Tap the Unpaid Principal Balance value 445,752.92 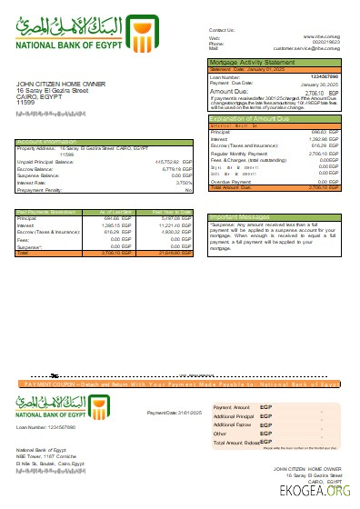pyautogui.click(x=163, y=161)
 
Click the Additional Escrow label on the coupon pyautogui.click(x=231, y=424)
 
